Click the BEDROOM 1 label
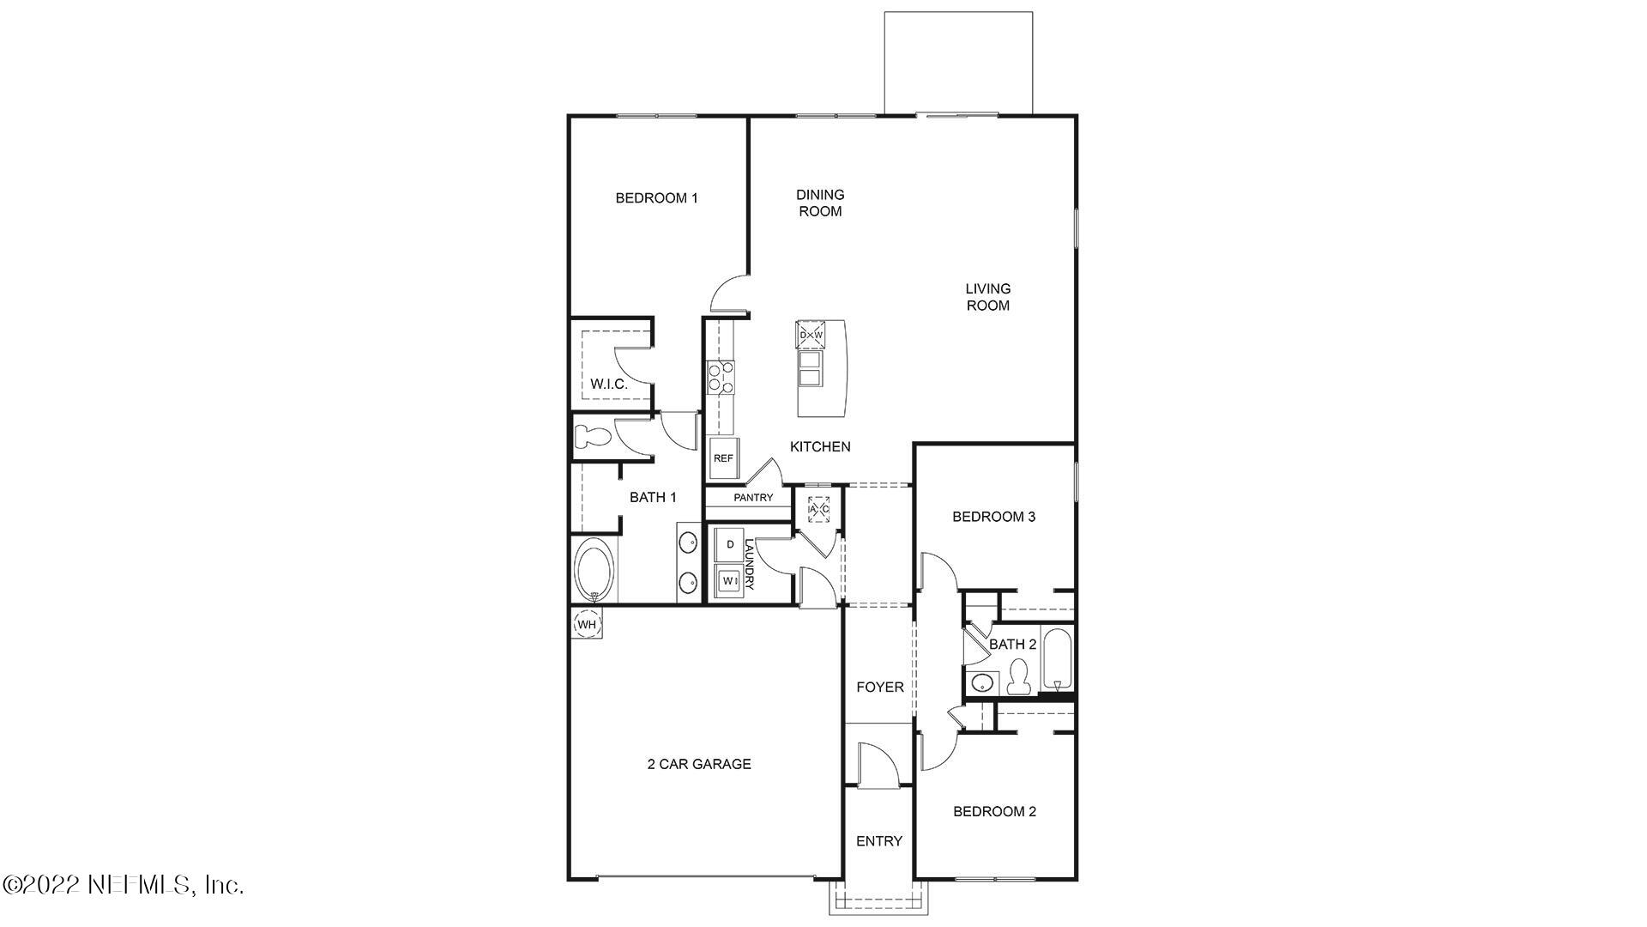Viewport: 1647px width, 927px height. tap(656, 198)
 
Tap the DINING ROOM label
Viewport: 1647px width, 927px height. tap(820, 203)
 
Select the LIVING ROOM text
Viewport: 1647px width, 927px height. tap(987, 297)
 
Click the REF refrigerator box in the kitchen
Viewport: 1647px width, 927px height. tap(723, 458)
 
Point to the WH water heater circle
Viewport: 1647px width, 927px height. tap(587, 624)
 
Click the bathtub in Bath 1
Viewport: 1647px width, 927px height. tap(594, 570)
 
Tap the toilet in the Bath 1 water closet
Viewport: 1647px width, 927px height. tap(592, 436)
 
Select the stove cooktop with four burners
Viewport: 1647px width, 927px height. tap(721, 378)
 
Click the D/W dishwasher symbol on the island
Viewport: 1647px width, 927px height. tap(811, 335)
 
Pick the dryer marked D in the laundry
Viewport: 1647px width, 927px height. tap(730, 544)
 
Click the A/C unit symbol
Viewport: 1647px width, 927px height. tap(818, 509)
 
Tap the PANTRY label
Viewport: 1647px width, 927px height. tap(753, 498)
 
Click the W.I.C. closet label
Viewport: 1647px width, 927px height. tap(609, 385)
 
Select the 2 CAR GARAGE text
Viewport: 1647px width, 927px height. tap(699, 764)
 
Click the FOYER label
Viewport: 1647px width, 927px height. tap(880, 688)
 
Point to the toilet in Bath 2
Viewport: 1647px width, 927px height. tap(1019, 677)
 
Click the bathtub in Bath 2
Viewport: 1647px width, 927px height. tap(1057, 659)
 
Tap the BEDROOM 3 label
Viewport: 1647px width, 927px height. tap(994, 517)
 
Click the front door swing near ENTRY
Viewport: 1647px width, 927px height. tap(877, 766)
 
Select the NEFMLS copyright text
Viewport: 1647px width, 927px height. tap(124, 884)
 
